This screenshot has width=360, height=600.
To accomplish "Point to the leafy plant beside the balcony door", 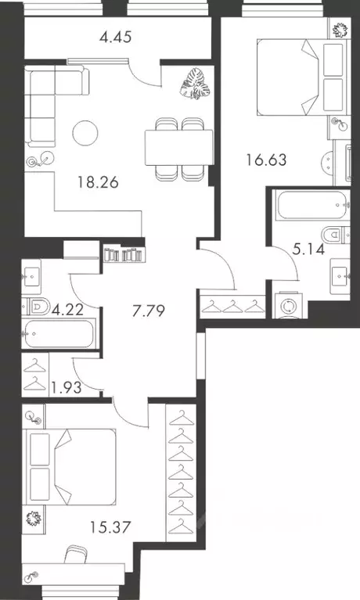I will point(191,82).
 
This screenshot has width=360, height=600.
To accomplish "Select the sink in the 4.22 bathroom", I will point(35,275).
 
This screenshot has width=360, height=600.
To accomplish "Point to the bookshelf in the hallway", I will point(125,253).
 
